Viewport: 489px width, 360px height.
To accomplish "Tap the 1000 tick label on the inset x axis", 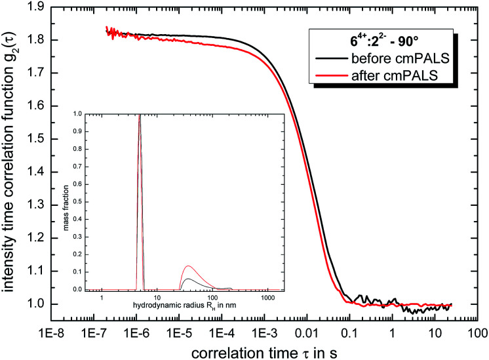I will click(x=267, y=298).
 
